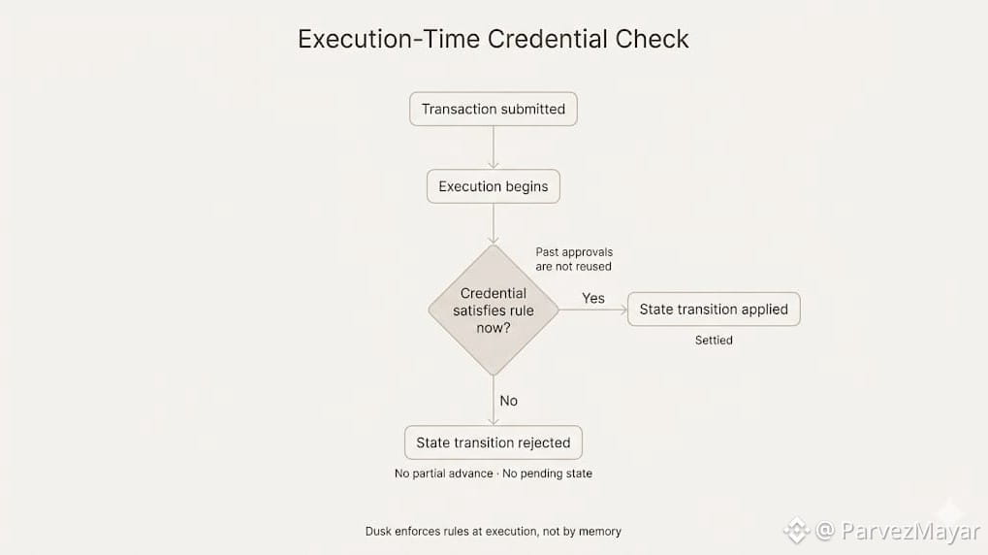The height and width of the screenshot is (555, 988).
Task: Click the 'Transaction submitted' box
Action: pos(493,109)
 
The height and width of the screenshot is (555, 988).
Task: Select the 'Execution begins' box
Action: pos(493,186)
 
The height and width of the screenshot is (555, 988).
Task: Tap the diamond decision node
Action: pos(494,310)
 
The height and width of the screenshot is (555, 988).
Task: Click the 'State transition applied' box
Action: pos(714,310)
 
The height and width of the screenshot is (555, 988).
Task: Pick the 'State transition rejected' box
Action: pos(493,442)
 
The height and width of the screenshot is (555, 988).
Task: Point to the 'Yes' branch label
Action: pos(593,298)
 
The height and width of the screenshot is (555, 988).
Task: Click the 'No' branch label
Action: pos(508,401)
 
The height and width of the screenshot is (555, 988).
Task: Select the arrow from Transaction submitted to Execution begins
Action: pos(494,147)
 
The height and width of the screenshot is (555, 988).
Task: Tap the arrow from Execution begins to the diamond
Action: pos(494,223)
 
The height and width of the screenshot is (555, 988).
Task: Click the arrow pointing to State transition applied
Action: pos(593,310)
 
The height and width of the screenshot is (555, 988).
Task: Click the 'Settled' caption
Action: pos(714,341)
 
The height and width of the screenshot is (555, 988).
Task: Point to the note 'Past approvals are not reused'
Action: pos(574,259)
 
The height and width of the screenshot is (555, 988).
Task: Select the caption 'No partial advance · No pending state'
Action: pos(493,473)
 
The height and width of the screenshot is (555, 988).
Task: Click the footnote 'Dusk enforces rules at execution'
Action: pos(493,531)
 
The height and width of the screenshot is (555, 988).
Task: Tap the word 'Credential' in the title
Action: pos(547,39)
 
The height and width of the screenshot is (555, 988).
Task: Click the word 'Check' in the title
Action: pos(652,39)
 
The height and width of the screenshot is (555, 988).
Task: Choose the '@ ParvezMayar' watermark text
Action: pos(897,531)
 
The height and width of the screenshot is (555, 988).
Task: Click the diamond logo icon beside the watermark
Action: pos(796,530)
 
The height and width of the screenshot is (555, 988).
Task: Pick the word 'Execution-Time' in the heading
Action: pos(388,39)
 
